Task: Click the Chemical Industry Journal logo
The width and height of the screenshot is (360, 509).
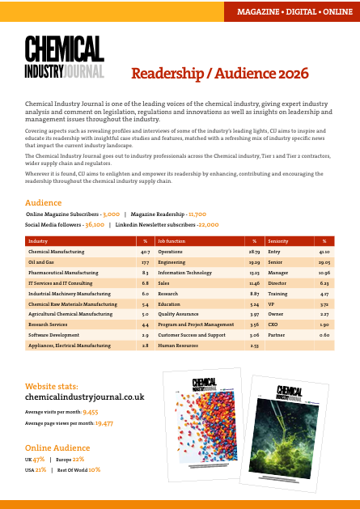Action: (x=64, y=57)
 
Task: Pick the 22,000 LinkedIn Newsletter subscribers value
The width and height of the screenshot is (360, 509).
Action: (x=208, y=224)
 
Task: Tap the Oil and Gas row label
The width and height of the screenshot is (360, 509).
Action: (x=41, y=263)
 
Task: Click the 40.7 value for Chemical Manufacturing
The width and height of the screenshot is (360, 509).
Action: (x=145, y=252)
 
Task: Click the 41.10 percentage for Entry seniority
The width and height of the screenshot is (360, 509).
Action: (x=324, y=252)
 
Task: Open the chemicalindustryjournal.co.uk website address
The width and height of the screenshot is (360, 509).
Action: (x=85, y=397)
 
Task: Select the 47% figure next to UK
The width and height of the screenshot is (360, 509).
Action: (x=40, y=459)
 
